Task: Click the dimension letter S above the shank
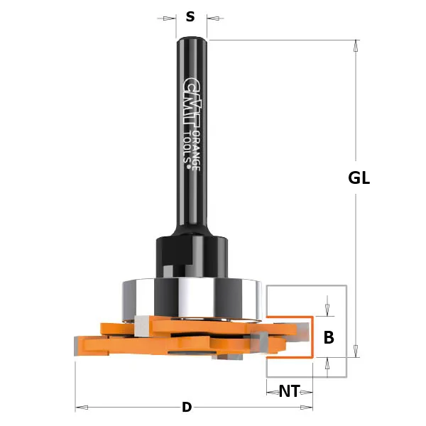pyautogui.click(x=190, y=17)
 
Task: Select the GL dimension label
pyautogui.click(x=359, y=178)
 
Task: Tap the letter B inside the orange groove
pyautogui.click(x=329, y=338)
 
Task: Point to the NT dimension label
pyautogui.click(x=288, y=391)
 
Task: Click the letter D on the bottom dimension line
pyautogui.click(x=187, y=408)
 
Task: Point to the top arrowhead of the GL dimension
pyautogui.click(x=356, y=45)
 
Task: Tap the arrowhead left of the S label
pyautogui.click(x=170, y=18)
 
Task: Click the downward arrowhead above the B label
pyautogui.click(x=327, y=310)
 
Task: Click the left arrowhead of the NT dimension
pyautogui.click(x=271, y=391)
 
